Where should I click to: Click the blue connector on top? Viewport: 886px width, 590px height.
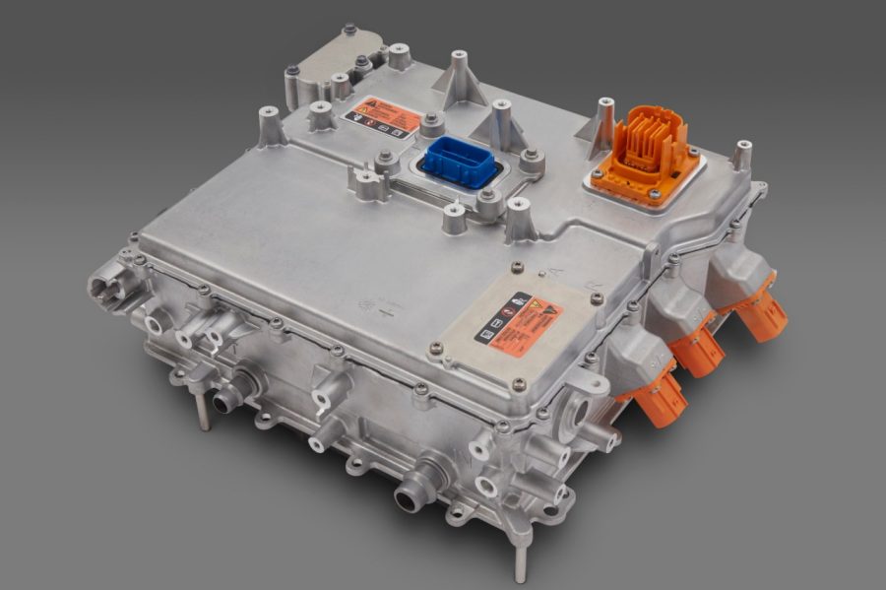pyautogui.click(x=460, y=162)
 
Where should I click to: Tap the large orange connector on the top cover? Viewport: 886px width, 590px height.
pyautogui.click(x=644, y=148)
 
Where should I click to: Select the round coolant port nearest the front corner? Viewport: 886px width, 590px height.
pyautogui.click(x=411, y=493)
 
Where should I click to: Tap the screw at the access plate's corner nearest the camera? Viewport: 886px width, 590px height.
pyautogui.click(x=519, y=385)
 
